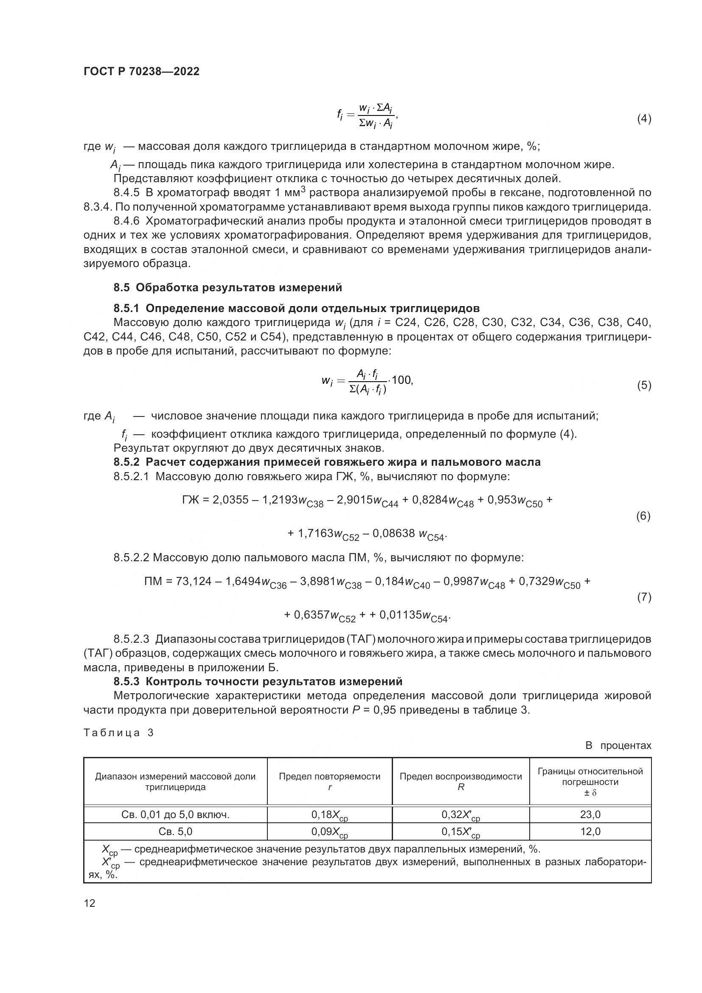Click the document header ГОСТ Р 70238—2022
coord(141,72)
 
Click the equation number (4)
coord(644,118)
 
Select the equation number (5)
coord(644,385)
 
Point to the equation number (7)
coord(644,597)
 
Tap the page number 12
coord(90,903)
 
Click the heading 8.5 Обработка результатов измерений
coord(228,287)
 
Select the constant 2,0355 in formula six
coord(230,500)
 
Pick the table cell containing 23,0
coord(590,815)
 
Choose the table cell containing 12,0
coord(590,831)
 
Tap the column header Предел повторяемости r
coord(329,782)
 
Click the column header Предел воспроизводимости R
coord(461,782)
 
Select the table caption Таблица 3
coord(118,733)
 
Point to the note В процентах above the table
coord(618,745)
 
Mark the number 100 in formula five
coord(402,380)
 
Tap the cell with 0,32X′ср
coord(461,815)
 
